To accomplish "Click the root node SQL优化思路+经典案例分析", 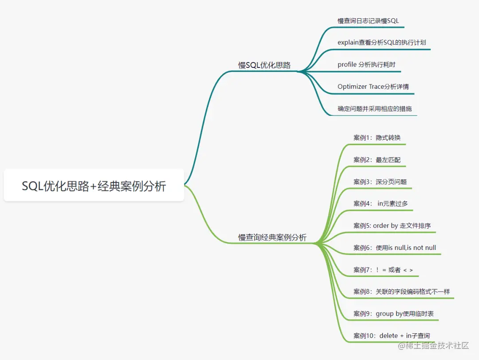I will point(94,186).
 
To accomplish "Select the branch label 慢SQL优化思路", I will point(264,65).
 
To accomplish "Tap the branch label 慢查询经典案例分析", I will point(272,237).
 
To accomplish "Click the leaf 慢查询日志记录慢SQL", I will point(368,20).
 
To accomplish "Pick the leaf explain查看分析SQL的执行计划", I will point(382,43).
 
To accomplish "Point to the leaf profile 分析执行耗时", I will point(366,64).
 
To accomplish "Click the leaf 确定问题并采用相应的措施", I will point(375,108).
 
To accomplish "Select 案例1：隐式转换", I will point(377,138).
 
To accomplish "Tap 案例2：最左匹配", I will point(377,159).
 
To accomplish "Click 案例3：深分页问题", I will point(380,182).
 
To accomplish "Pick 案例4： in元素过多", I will point(381,203).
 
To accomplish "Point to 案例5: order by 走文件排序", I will point(392,225).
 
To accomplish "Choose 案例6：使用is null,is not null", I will point(395,248).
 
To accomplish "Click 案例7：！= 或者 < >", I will point(383,269).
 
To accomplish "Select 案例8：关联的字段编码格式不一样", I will point(402,292).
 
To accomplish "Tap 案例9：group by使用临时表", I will point(393,314).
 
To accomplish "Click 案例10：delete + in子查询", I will point(392,336).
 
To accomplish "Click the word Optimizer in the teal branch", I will point(352,87).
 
